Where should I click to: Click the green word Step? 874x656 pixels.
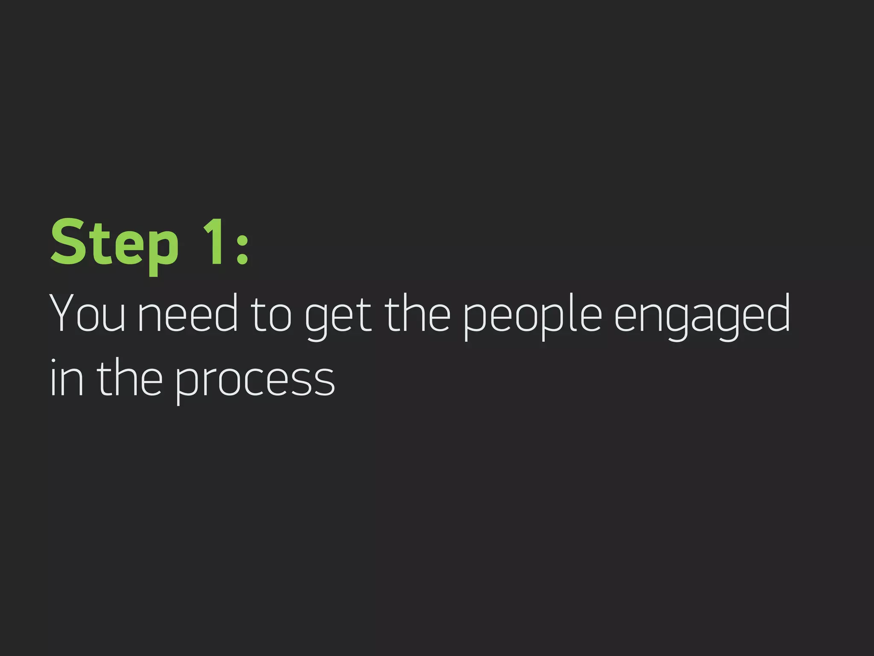click(x=114, y=243)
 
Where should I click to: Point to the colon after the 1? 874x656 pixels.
click(x=242, y=246)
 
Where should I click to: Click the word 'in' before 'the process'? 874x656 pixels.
click(x=67, y=378)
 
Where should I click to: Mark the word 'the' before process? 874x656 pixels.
click(x=130, y=378)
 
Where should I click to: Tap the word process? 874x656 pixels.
click(x=255, y=380)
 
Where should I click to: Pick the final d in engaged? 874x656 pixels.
click(x=777, y=313)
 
